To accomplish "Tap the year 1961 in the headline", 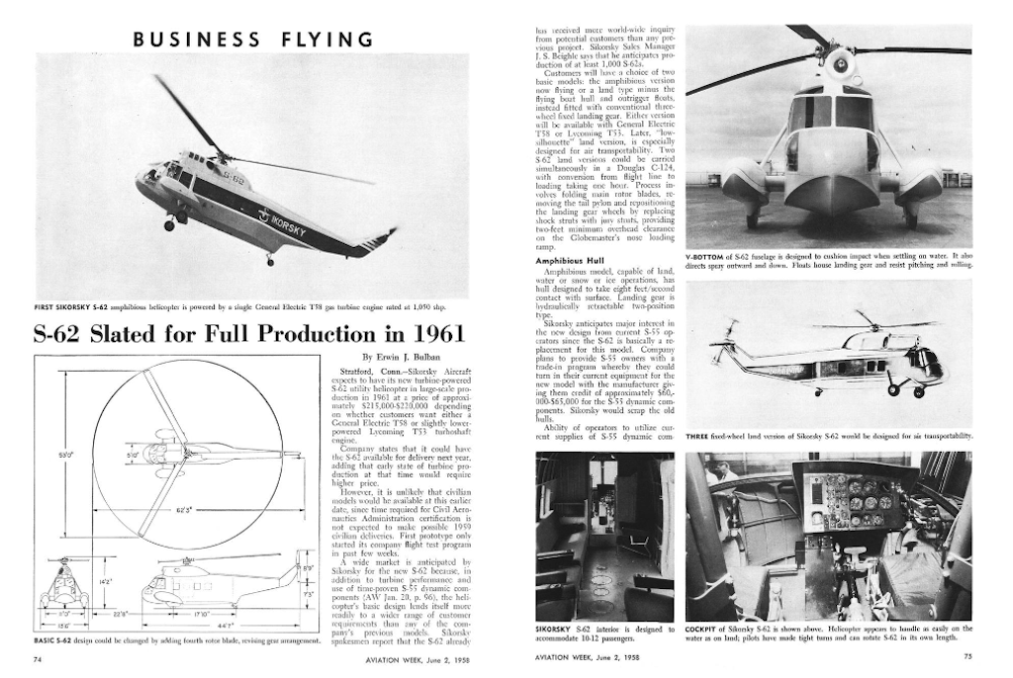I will (431, 333).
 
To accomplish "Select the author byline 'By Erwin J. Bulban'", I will (414, 357).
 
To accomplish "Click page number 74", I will (38, 657).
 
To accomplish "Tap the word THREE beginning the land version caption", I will (697, 435).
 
